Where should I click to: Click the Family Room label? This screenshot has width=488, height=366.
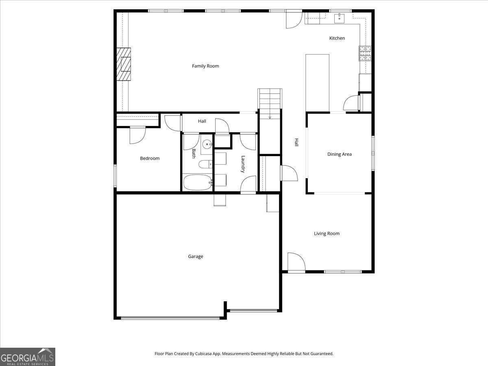pos(205,66)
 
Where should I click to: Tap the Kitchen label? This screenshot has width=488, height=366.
pos(337,38)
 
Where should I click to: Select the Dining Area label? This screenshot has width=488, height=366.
pos(340,154)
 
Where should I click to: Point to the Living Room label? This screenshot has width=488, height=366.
pos(327,233)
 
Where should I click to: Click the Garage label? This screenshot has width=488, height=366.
pos(196,257)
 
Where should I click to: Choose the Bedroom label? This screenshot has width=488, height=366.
pos(150,158)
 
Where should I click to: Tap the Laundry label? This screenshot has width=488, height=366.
pos(243,164)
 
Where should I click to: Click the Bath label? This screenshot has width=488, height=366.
pos(194,153)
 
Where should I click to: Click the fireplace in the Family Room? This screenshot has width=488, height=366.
pos(124,65)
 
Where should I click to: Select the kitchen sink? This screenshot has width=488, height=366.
pos(339,18)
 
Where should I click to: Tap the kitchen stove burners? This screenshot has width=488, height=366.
pos(365,53)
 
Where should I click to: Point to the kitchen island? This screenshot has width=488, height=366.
pos(317,83)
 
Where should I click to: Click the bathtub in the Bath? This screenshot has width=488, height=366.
pos(198,182)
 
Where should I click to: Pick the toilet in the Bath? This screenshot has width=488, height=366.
pos(204,164)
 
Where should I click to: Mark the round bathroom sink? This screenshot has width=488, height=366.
pos(207,144)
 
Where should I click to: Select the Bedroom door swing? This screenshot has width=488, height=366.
pos(137,135)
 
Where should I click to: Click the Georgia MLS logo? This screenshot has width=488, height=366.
pos(27,357)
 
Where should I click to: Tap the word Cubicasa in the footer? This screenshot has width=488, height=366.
pos(211,354)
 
